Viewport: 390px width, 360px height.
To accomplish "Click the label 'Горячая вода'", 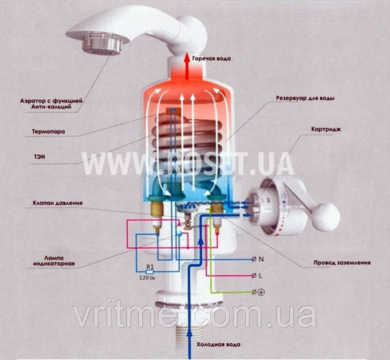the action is pyautogui.click(x=212, y=59).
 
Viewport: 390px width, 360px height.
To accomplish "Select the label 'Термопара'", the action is pyautogui.click(x=48, y=131).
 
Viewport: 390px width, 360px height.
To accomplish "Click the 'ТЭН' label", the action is pyautogui.click(x=39, y=157).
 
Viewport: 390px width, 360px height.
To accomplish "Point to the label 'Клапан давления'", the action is pyautogui.click(x=58, y=203).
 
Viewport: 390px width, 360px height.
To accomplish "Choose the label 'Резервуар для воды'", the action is pyautogui.click(x=305, y=98).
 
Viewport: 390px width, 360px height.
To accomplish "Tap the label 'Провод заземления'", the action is pyautogui.click(x=342, y=263).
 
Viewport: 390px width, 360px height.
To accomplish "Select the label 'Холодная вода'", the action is pyautogui.click(x=218, y=344).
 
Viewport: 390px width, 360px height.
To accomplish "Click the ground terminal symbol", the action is pyautogui.click(x=258, y=292).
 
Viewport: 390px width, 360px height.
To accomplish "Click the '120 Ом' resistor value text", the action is pyautogui.click(x=147, y=278).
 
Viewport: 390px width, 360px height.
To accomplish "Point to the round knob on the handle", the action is pyautogui.click(x=328, y=217).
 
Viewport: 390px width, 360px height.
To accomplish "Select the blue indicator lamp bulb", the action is pyautogui.click(x=178, y=233).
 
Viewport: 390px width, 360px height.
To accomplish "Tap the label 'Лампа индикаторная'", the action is pyautogui.click(x=54, y=261).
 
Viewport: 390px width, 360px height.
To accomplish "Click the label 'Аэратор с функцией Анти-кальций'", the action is pyautogui.click(x=51, y=104).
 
